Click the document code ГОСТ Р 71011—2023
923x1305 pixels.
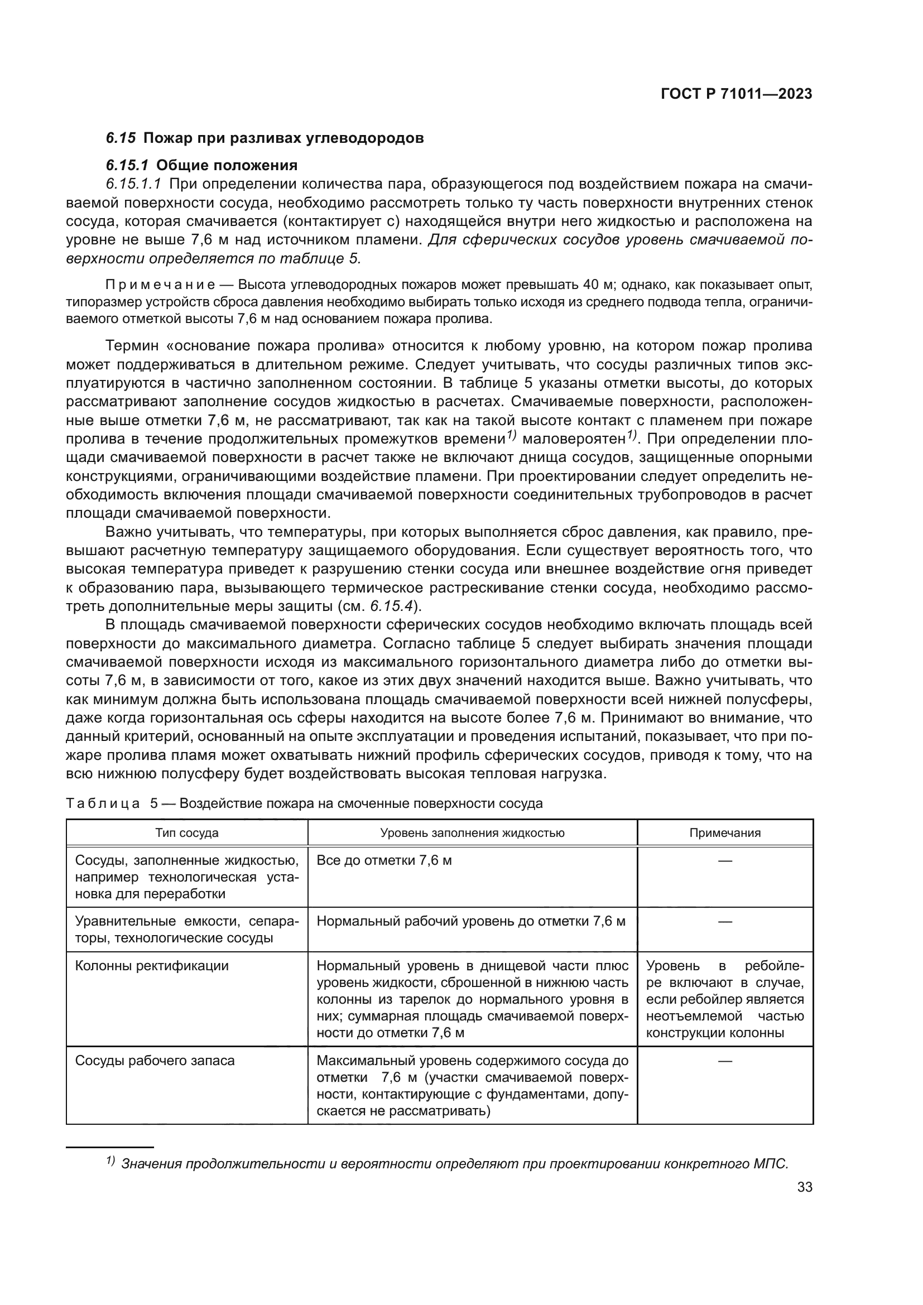[737, 94]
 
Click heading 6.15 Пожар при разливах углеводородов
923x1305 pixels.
[265, 138]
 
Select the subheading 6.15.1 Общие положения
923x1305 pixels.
[202, 165]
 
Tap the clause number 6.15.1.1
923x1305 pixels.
[133, 184]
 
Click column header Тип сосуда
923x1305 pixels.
[187, 832]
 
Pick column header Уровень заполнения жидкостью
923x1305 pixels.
[472, 832]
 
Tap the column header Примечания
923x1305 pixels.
[725, 832]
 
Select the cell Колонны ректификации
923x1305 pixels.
[152, 966]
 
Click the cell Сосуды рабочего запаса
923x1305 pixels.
[155, 1061]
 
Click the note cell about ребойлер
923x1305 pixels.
[725, 999]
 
